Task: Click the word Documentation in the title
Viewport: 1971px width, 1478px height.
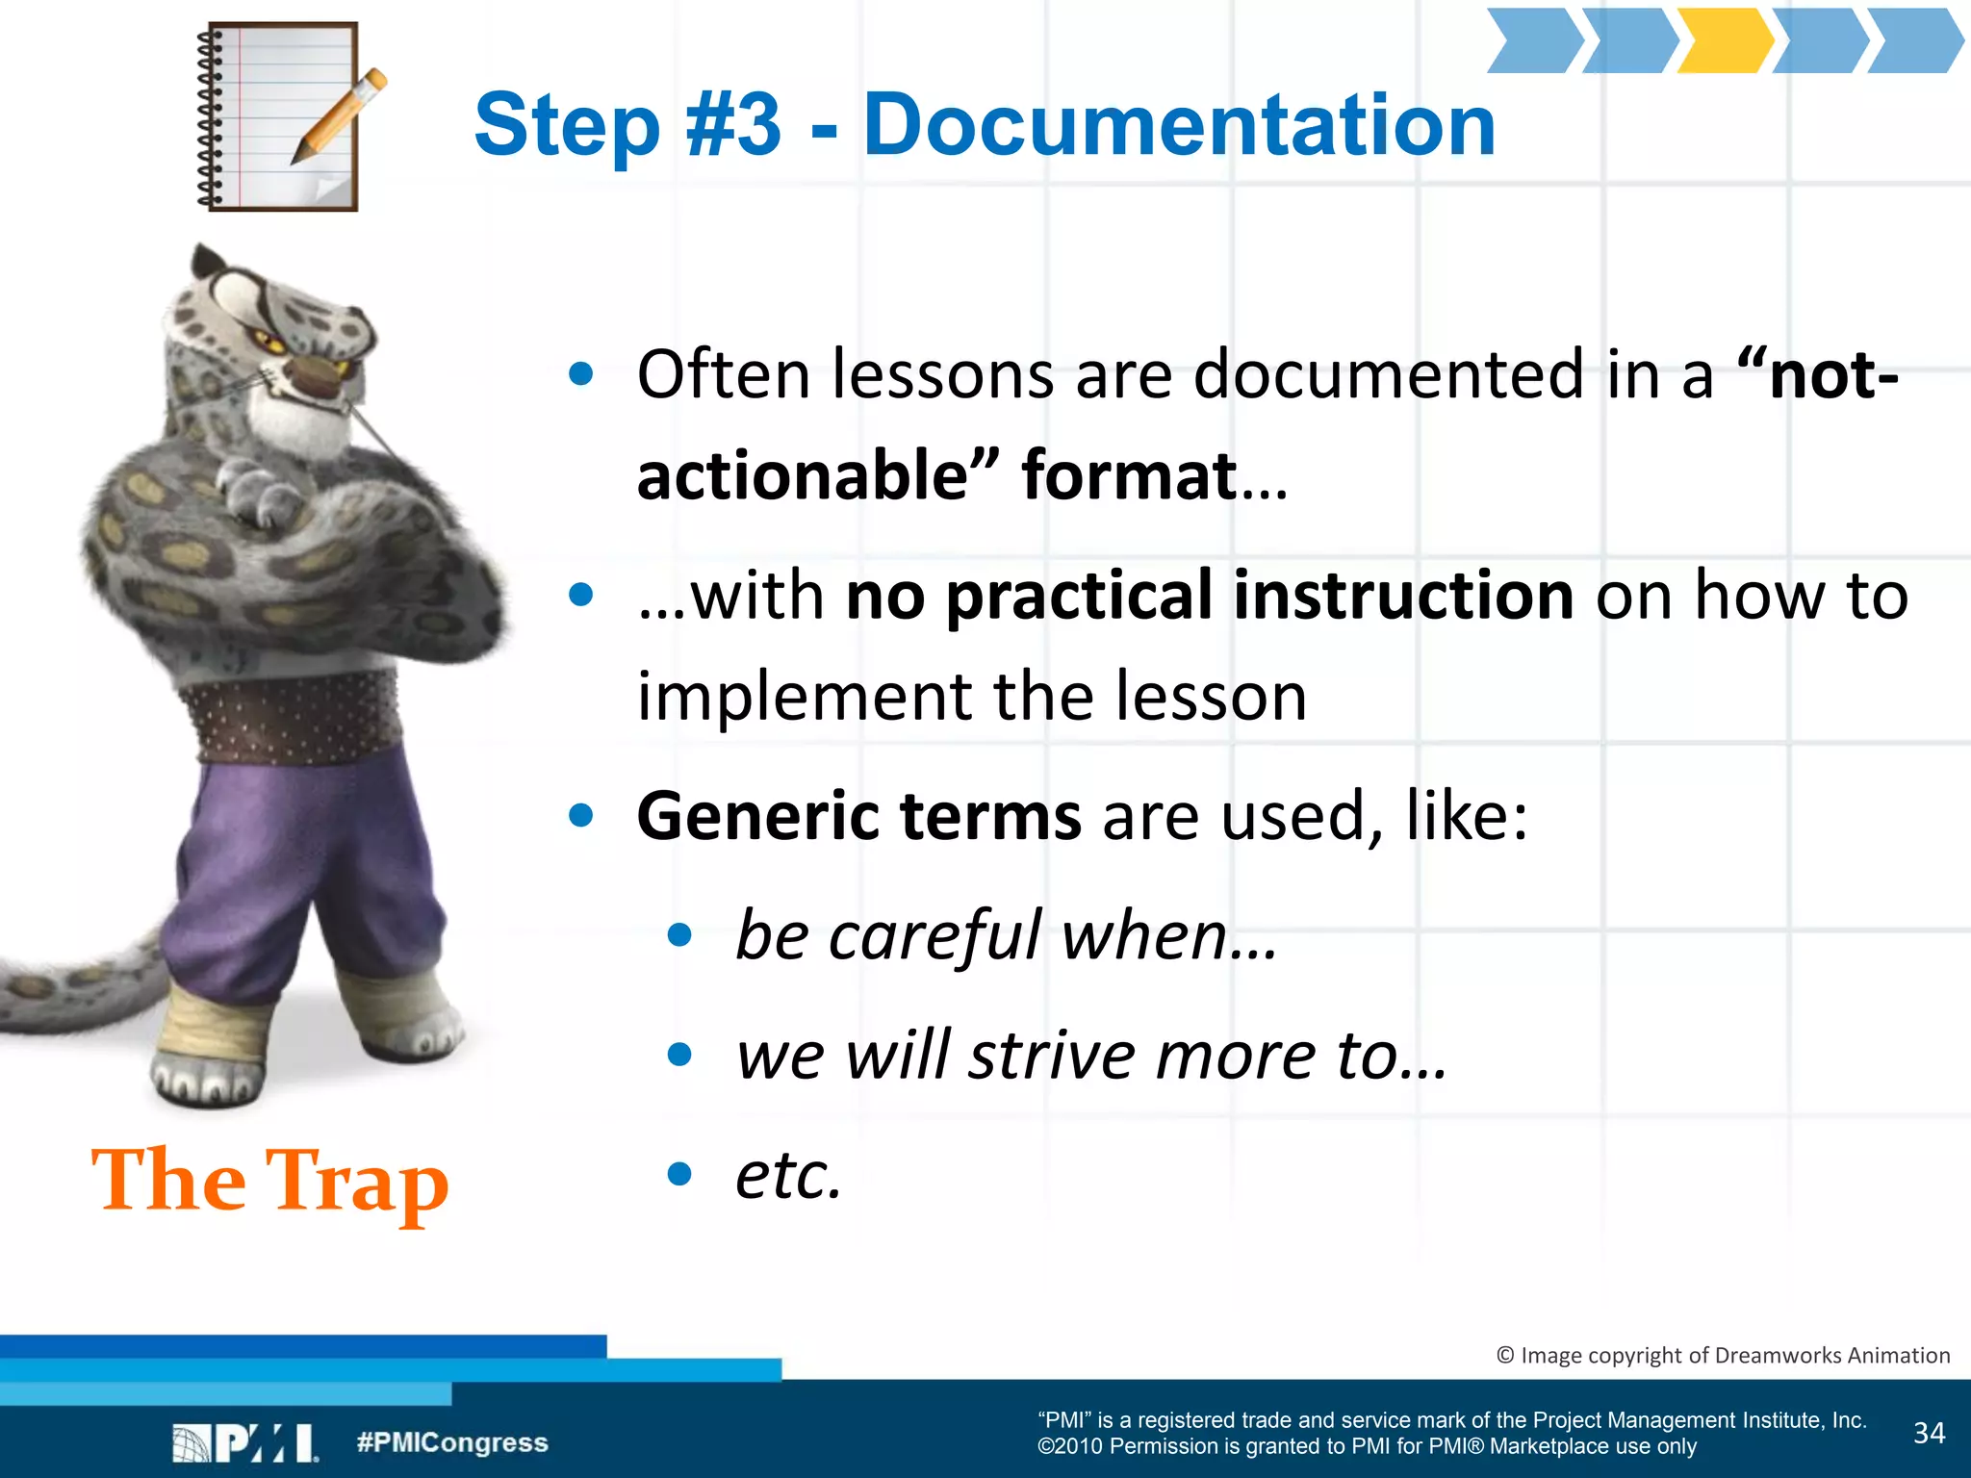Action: tap(1179, 125)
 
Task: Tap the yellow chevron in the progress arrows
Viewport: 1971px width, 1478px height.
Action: tap(1726, 41)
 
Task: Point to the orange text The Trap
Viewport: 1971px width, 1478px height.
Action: tap(269, 1182)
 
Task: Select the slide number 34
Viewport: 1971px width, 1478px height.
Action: tap(1929, 1434)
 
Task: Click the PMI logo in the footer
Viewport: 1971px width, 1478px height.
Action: tap(246, 1443)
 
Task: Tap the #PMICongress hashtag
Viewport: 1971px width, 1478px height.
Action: tap(451, 1442)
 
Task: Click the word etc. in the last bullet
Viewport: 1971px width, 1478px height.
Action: tap(788, 1175)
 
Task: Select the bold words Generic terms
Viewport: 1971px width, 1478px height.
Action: tap(858, 817)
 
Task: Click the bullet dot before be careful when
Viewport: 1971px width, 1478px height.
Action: tap(679, 935)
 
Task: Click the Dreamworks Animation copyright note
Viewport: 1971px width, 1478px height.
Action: tap(1723, 1356)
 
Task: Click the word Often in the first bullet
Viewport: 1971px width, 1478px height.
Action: tap(723, 374)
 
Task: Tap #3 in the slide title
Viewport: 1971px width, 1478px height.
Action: tap(733, 125)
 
